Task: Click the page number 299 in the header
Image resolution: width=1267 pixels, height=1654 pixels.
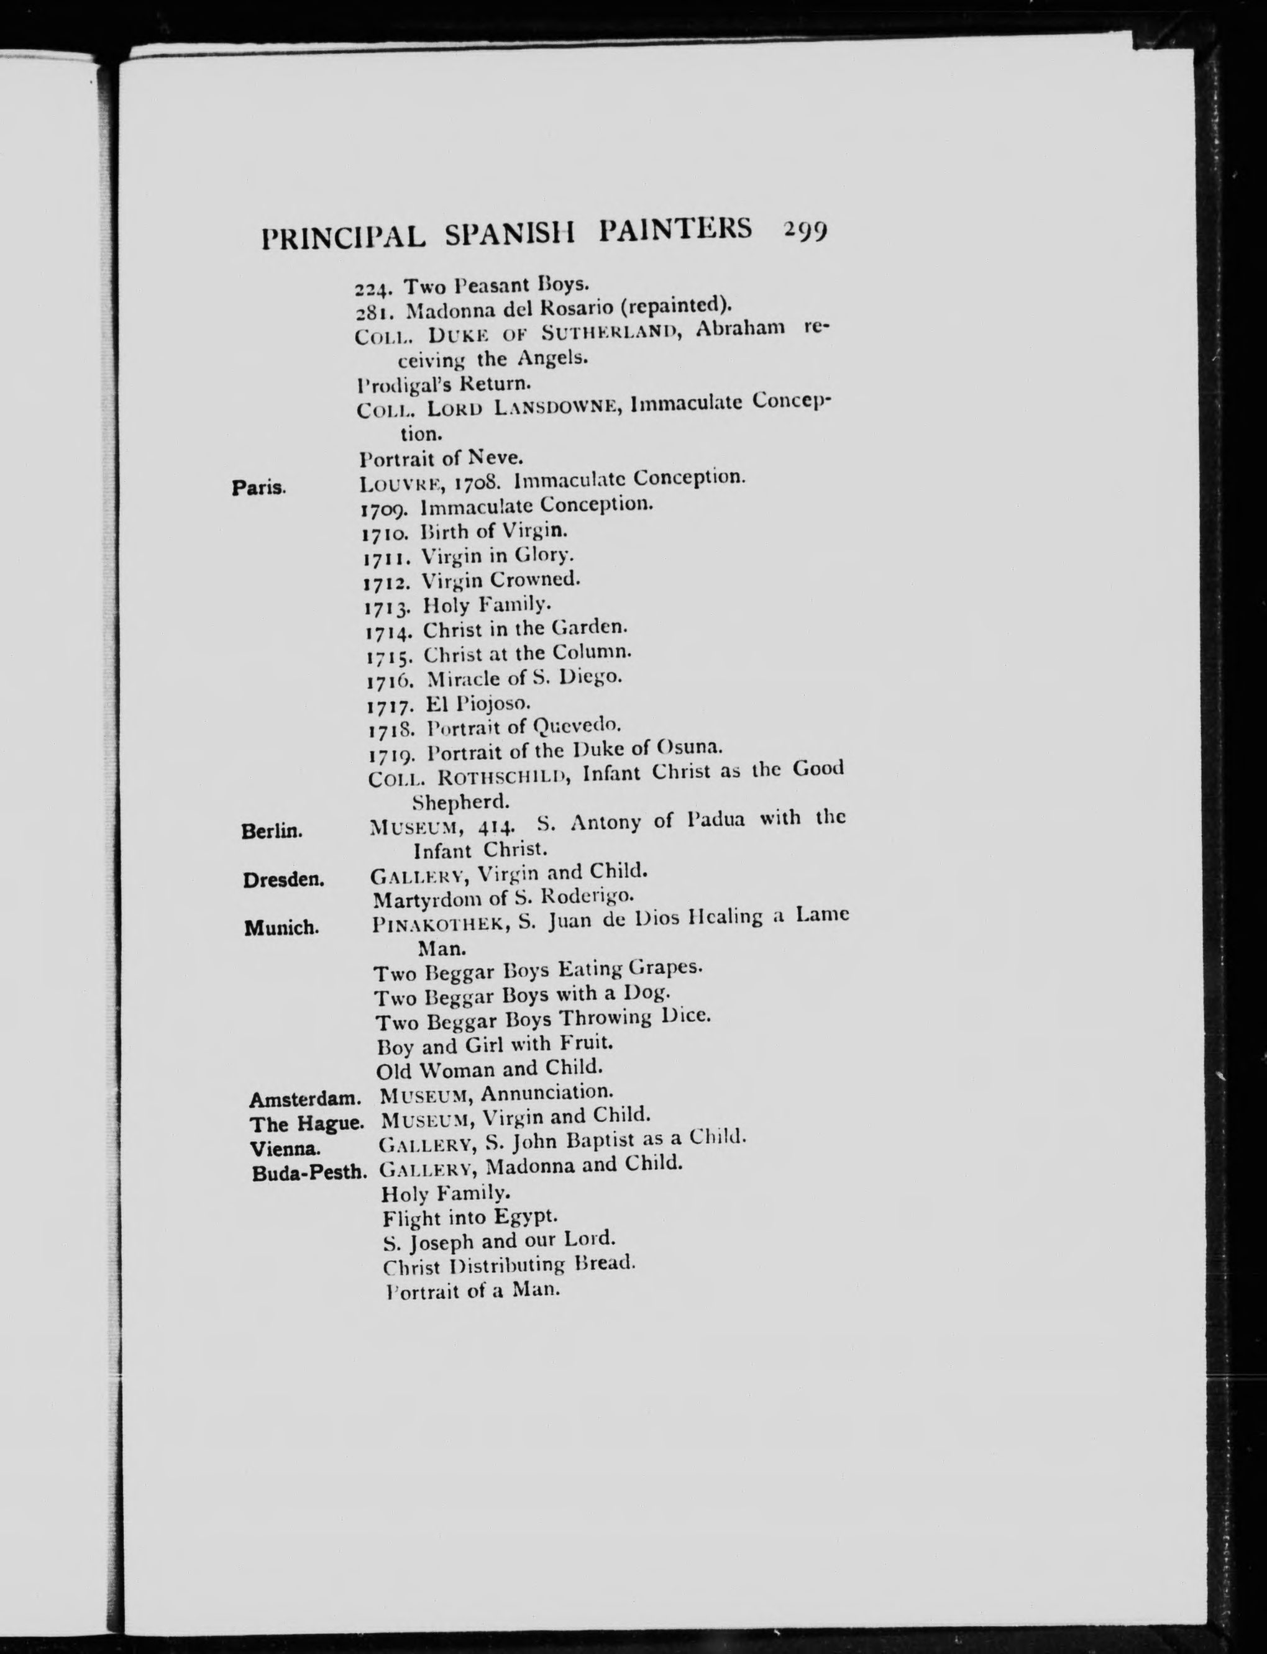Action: pos(805,229)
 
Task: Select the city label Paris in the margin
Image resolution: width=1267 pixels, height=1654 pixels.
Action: pos(258,488)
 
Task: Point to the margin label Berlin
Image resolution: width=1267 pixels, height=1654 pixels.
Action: pos(272,832)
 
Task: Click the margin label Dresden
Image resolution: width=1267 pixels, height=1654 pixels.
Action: pos(283,879)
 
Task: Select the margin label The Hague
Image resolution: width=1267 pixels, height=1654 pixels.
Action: pos(307,1124)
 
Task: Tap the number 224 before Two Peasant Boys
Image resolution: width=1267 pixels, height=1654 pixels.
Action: pos(375,287)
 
